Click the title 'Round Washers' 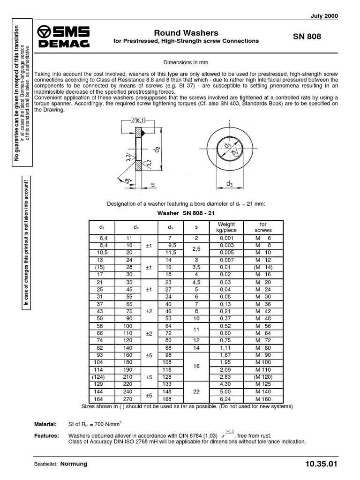[x=186, y=33]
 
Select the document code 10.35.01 [x=321, y=464]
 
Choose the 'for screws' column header [x=263, y=227]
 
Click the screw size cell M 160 [x=263, y=399]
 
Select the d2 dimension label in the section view [x=158, y=150]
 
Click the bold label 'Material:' [x=45, y=424]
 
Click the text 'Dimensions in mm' [x=185, y=62]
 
